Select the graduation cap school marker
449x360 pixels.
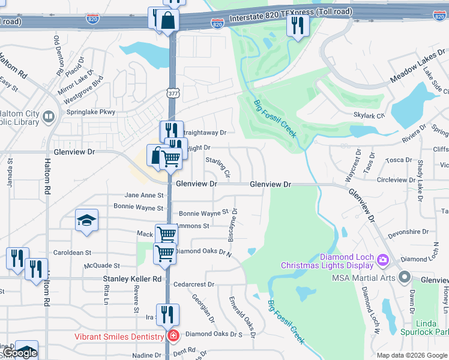86,220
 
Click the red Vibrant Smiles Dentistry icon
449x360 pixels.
173,336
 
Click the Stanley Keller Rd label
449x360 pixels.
132,279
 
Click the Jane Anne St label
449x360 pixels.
143,196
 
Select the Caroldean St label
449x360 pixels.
71,253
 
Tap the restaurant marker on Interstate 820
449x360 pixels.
298,25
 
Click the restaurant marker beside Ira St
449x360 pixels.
167,313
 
